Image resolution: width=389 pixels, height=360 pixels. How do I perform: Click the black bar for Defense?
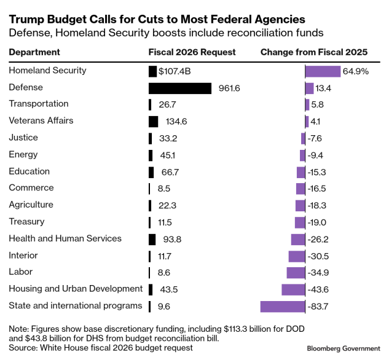tap(180, 88)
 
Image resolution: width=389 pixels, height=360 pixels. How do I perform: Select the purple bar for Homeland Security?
tap(323, 71)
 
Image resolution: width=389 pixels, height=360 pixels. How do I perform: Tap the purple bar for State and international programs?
tap(283, 306)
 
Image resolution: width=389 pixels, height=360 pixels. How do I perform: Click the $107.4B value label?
tap(175, 71)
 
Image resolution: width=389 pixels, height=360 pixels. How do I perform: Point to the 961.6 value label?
tap(229, 88)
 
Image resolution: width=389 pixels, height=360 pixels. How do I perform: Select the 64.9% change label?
tap(356, 71)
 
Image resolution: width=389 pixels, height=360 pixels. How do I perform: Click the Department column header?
tap(34, 52)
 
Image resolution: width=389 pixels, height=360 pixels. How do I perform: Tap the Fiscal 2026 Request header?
tap(192, 52)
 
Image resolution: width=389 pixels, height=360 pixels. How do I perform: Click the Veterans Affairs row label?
tap(41, 120)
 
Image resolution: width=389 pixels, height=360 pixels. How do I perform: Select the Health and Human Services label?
tap(65, 238)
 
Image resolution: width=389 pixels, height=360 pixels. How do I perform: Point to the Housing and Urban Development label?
tap(76, 289)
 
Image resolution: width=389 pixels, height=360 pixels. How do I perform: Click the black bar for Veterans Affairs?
tap(154, 121)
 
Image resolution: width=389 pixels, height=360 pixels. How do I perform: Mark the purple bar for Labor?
tap(296, 272)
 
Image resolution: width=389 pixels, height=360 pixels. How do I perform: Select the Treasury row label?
tap(26, 221)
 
